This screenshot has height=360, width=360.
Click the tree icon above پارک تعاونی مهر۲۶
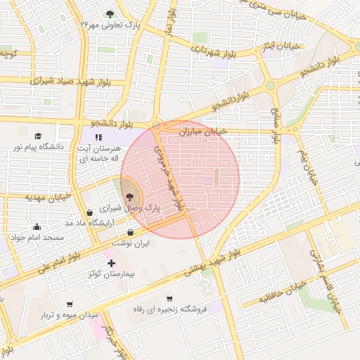point(109,13)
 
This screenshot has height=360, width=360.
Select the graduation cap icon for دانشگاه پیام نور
point(37,136)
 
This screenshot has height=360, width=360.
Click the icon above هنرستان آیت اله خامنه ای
point(98,137)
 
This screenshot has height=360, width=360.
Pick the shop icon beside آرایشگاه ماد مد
point(89,212)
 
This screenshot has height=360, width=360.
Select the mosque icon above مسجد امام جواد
point(37,226)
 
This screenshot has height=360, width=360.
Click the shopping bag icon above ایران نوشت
point(131,232)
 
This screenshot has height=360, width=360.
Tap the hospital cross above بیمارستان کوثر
point(111,263)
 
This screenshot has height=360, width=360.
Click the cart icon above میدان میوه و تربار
point(69,304)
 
